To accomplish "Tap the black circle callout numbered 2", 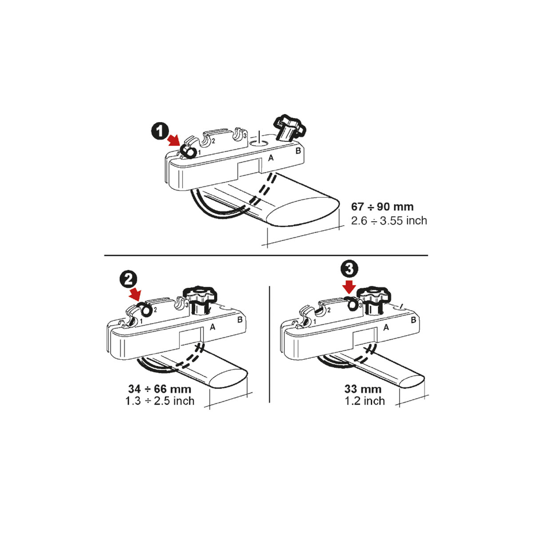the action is (128, 280).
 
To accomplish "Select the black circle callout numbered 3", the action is (349, 269).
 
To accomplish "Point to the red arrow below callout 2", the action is (135, 294).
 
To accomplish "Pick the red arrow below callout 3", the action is (349, 286).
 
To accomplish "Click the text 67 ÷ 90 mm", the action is (382, 207).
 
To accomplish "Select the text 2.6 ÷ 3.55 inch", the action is (389, 220).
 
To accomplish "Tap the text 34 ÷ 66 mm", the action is (160, 389).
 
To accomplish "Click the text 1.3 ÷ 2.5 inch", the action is (160, 401).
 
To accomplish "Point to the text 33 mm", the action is (363, 389).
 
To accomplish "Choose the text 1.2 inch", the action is (365, 401).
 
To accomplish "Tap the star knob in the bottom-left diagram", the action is (200, 301).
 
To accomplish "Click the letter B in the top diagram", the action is (298, 151).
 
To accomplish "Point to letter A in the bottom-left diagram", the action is (212, 327).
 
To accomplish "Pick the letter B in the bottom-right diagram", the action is (414, 320).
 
